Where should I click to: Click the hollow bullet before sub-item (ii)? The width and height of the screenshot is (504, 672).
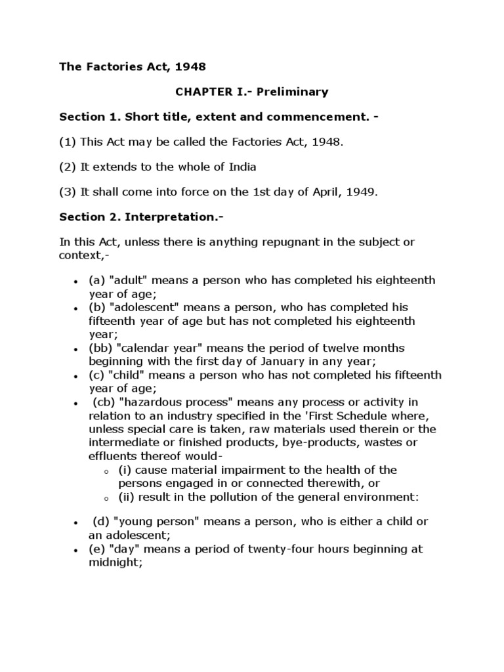tap(106, 497)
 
